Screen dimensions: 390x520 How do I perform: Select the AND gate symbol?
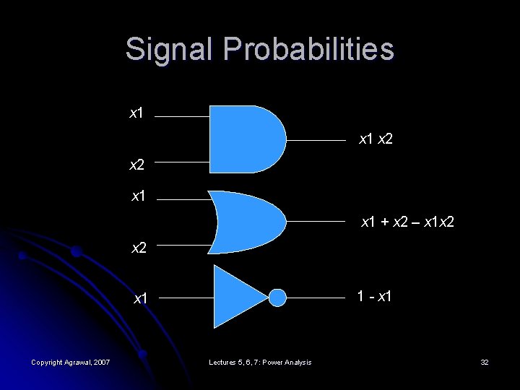coord(246,139)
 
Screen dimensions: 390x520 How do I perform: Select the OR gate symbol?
coord(246,222)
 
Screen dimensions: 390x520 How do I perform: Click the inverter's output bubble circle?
coord(278,297)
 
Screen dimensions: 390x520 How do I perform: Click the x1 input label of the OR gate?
coord(139,195)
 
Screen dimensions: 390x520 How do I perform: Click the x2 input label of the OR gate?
coord(139,249)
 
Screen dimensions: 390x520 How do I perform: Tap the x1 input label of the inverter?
coord(139,298)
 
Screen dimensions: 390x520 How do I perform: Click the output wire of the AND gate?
coord(318,139)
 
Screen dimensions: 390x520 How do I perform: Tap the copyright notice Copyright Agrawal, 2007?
coord(71,362)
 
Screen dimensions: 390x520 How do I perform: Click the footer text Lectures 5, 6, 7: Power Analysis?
coord(260,362)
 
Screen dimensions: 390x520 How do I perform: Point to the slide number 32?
coord(484,362)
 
